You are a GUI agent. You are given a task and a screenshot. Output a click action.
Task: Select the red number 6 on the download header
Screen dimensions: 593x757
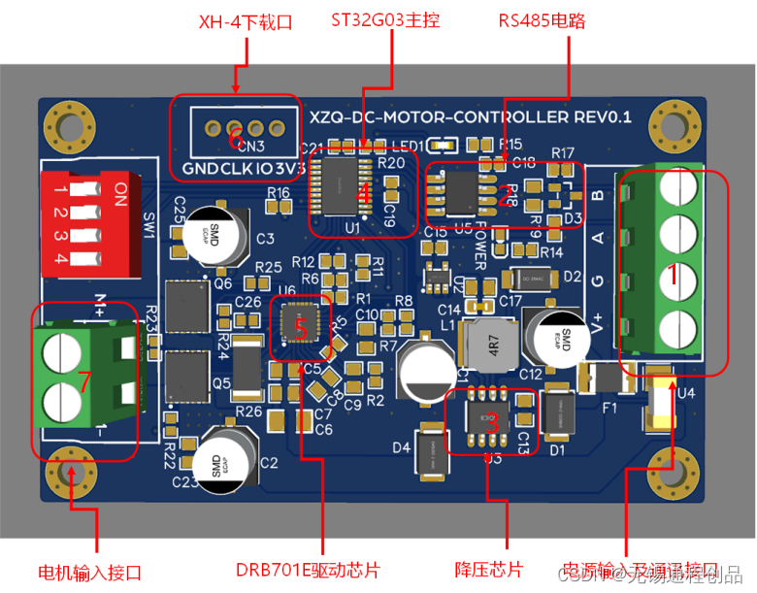click(235, 141)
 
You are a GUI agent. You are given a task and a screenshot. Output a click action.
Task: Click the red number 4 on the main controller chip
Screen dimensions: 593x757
click(362, 193)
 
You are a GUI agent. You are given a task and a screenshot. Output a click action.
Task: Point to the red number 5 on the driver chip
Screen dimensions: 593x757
click(301, 328)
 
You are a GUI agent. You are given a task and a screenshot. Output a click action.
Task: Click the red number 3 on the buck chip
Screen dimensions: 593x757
click(491, 422)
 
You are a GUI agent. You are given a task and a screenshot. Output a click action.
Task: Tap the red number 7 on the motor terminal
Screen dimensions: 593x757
click(84, 382)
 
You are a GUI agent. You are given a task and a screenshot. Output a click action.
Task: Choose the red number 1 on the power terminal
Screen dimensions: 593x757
click(668, 275)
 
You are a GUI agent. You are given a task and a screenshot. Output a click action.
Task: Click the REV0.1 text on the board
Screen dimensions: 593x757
click(602, 117)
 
